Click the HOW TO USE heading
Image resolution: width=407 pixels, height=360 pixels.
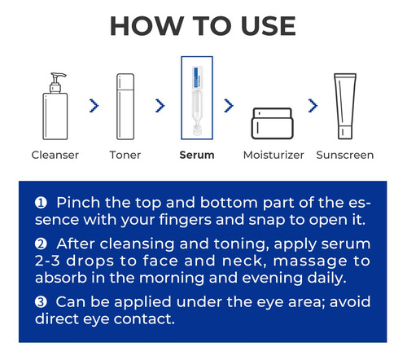203,26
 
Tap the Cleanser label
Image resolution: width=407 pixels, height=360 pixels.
55,155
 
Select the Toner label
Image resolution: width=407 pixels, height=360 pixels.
125,155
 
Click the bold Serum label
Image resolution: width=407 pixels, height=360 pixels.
197,155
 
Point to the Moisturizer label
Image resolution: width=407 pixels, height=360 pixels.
274,155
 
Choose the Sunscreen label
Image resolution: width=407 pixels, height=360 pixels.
345,155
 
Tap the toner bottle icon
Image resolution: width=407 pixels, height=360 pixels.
125,107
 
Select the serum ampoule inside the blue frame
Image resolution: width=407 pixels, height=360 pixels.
197,100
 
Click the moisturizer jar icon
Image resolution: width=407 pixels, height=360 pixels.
272,124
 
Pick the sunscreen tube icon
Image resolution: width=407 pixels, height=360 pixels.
345,106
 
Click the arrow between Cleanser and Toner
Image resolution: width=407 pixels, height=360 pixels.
94,106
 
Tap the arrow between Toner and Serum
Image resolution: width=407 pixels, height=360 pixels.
160,106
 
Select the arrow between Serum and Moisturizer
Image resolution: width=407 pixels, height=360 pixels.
229,106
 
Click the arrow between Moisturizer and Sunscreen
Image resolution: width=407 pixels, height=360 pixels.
313,106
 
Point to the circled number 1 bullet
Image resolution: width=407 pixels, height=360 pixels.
41,203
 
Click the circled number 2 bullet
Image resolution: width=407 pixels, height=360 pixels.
41,244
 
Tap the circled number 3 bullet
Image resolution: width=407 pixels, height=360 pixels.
41,302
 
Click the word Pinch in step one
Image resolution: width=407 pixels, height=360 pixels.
78,203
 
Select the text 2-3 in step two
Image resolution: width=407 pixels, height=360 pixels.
47,261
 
